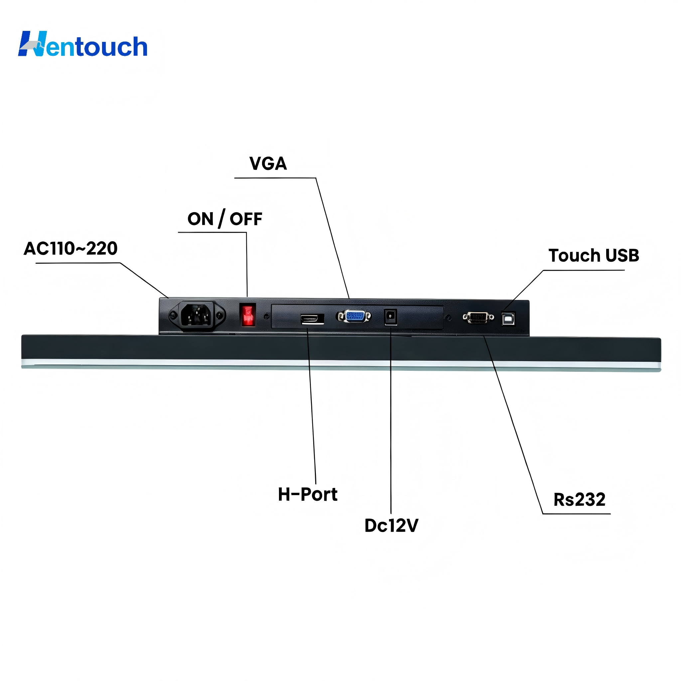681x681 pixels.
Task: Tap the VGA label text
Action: (x=268, y=164)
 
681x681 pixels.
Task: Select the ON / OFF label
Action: (x=225, y=219)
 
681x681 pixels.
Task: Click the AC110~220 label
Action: (x=70, y=248)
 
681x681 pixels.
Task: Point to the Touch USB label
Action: (x=594, y=256)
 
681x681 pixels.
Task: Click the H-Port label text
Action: (x=308, y=494)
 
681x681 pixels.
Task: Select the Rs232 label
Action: (x=580, y=500)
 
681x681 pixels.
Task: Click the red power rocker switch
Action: (x=248, y=315)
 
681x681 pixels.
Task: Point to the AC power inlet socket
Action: (x=197, y=315)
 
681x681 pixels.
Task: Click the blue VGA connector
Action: (x=354, y=316)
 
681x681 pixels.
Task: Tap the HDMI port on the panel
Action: (x=312, y=319)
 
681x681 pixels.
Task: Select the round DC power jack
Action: (x=390, y=317)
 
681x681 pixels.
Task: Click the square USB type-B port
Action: (x=508, y=319)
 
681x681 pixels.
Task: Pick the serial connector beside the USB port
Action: (x=478, y=318)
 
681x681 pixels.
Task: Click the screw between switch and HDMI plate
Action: (x=266, y=316)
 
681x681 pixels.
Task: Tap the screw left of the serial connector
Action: (x=449, y=318)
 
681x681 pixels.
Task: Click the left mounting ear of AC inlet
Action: (x=173, y=315)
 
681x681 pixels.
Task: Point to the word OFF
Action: (x=246, y=219)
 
